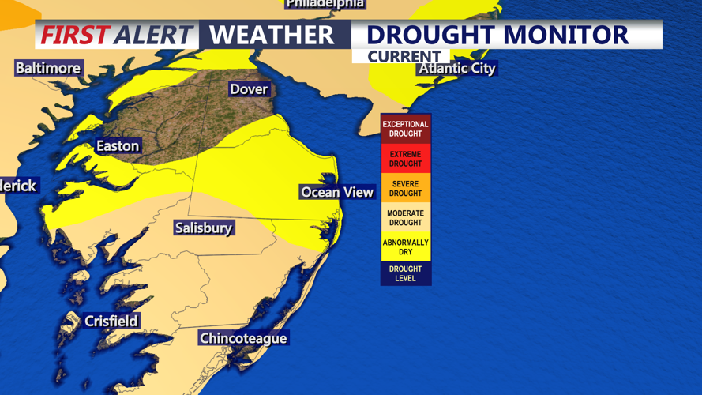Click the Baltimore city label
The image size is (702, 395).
48,68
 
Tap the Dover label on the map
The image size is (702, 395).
249,89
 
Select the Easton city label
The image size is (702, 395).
118,146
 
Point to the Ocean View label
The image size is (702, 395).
337,192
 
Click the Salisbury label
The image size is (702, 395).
204,228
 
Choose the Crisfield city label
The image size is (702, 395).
111,322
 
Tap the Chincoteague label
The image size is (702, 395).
243,339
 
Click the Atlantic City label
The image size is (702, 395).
457,69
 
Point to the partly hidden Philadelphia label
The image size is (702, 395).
325,4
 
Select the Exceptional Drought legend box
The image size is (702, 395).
405,129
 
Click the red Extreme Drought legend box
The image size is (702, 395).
405,159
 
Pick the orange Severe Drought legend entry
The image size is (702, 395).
405,189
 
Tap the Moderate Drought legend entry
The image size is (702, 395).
405,218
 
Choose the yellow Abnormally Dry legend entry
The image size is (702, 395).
405,247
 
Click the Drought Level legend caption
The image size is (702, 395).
405,273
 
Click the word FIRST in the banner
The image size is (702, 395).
74,36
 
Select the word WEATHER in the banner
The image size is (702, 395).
272,36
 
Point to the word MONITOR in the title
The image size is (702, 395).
565,36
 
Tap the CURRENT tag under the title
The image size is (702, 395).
404,57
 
